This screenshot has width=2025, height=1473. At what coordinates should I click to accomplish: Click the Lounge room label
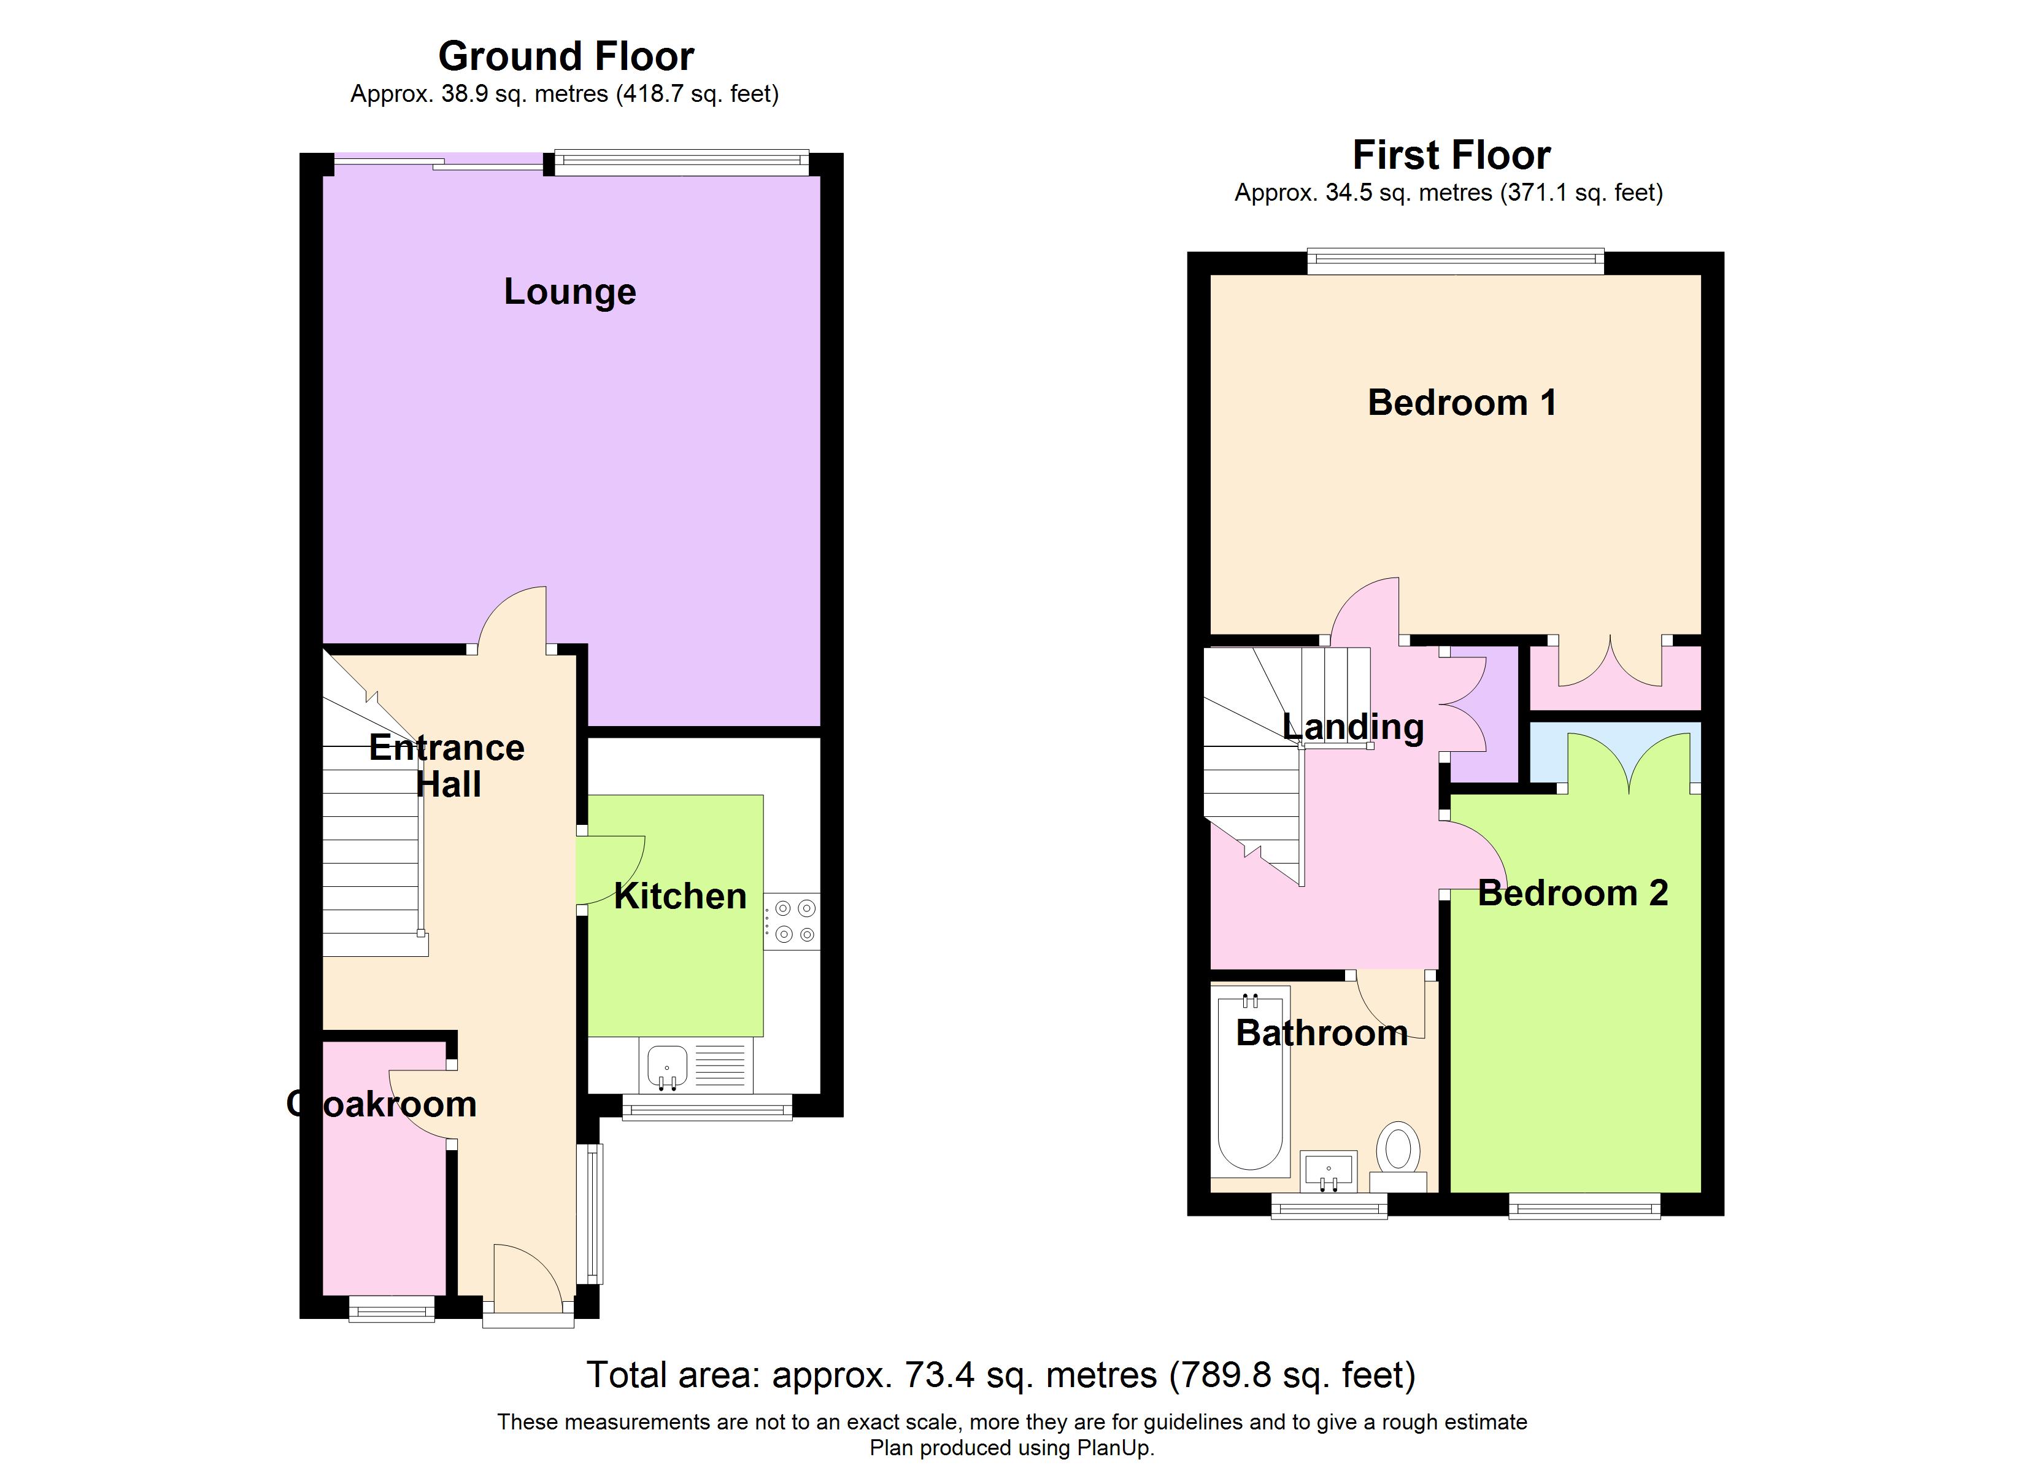coord(569,292)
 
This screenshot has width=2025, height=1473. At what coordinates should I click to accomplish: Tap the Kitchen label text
coord(681,896)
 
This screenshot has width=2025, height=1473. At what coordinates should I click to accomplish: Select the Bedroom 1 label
coord(1462,403)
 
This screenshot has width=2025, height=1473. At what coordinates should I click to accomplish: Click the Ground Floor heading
coord(566,56)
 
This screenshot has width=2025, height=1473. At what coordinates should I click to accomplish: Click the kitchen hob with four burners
coord(793,921)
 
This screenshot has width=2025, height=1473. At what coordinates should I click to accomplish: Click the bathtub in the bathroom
coord(1250,1080)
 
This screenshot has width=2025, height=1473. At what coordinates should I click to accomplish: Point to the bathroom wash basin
coord(1329,1171)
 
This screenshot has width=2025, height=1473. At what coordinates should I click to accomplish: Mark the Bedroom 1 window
coord(1456,261)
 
